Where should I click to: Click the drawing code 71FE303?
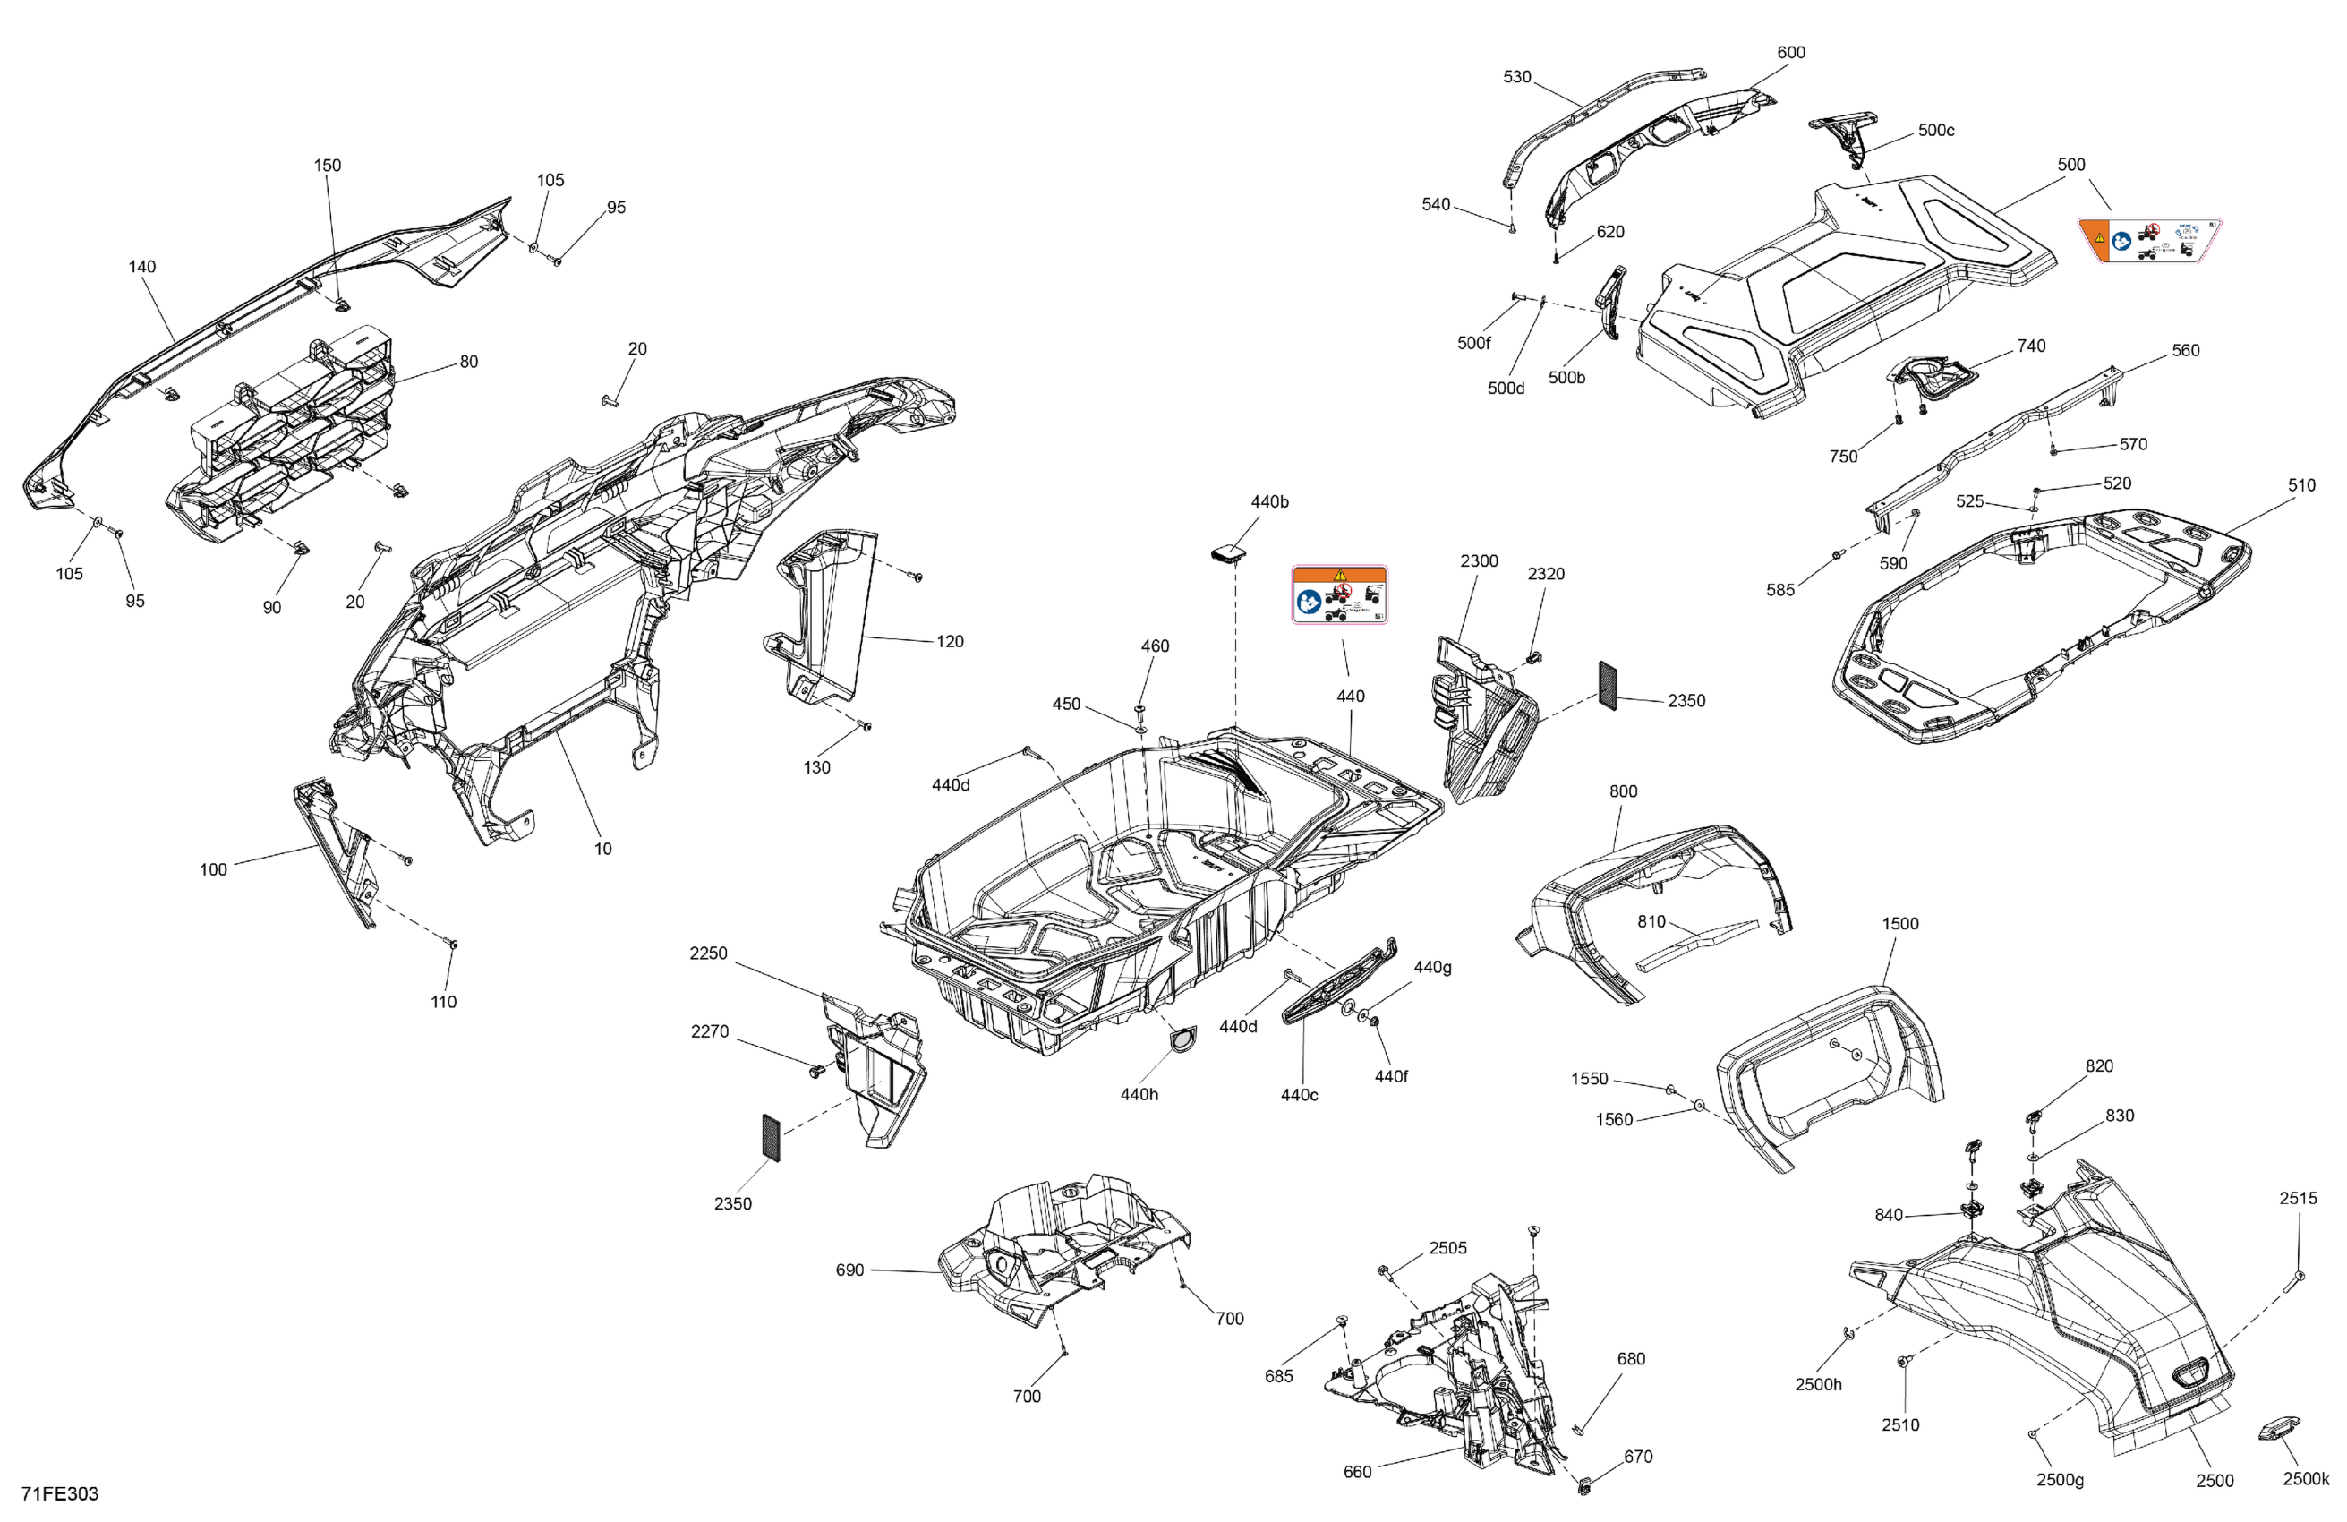(x=60, y=1493)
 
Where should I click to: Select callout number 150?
(x=328, y=166)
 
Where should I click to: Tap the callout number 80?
(x=468, y=362)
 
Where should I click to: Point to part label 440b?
(x=1269, y=502)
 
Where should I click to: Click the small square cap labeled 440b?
(x=1226, y=554)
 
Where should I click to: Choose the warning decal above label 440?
(x=1339, y=594)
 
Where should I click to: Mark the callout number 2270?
(x=709, y=1031)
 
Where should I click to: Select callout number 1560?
(x=1614, y=1119)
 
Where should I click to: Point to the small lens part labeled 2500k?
(x=2278, y=1428)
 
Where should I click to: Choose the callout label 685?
(x=1279, y=1376)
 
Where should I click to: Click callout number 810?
(x=1651, y=921)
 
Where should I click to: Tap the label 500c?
(x=1936, y=130)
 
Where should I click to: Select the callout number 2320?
(x=1545, y=574)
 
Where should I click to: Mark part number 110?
(x=444, y=1002)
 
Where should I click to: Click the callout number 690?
(x=850, y=1270)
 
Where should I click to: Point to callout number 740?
(x=2030, y=346)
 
